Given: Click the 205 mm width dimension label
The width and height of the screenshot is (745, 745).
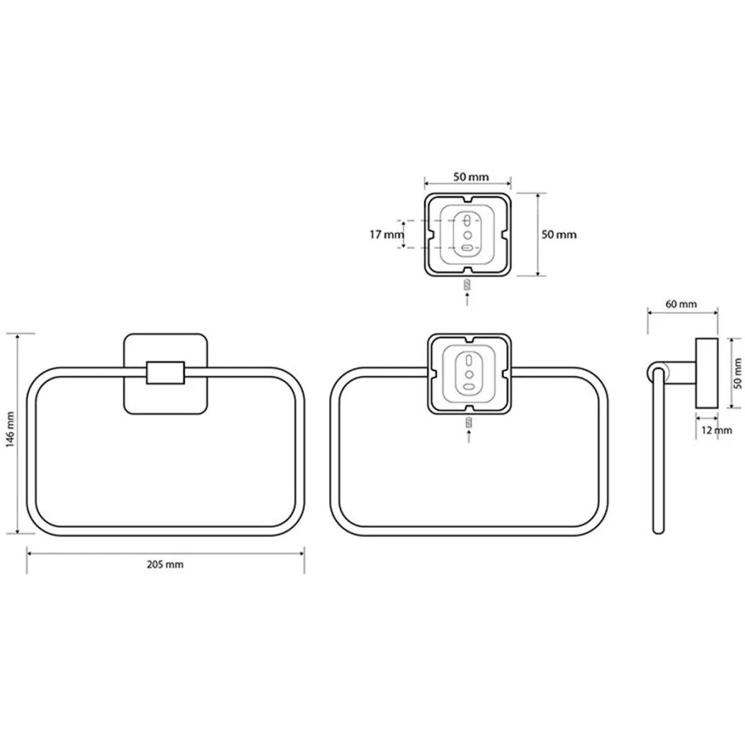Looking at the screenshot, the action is pos(165,565).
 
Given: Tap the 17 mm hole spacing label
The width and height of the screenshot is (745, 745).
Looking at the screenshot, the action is pos(387,235).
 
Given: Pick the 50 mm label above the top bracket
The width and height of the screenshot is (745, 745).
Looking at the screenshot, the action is pos(471,177).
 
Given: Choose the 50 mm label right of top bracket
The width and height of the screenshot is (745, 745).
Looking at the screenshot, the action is pos(559,235).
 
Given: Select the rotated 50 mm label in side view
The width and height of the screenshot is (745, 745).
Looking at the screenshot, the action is pos(738,373).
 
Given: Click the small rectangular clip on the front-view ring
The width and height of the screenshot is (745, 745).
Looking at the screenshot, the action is pos(166,372).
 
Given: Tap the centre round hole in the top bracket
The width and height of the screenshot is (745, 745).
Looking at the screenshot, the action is pos(468,235).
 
